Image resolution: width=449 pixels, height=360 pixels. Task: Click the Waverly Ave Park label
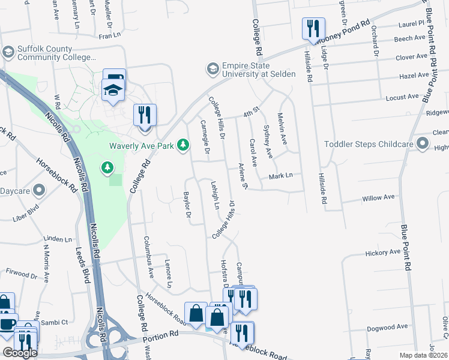pos(142,146)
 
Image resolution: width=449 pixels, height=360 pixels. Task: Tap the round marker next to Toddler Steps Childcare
pos(423,144)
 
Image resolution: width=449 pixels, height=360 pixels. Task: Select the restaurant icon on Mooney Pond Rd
pos(313,28)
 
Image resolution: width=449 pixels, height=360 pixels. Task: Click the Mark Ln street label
pos(280,176)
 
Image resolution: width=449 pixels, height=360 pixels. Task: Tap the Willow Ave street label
pos(378,197)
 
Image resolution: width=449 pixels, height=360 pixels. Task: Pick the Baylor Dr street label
pos(187,205)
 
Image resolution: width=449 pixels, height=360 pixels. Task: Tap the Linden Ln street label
pos(58,239)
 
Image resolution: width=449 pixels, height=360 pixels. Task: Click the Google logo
pos(20,353)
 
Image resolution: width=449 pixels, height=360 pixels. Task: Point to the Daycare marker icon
pos(40,191)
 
